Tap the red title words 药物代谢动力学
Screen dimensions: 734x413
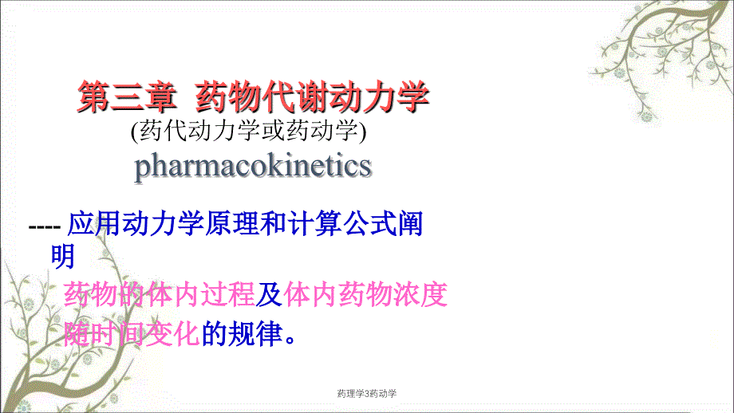click(x=312, y=96)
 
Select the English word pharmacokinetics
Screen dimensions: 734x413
click(x=253, y=167)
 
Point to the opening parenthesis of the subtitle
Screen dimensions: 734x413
click(x=134, y=131)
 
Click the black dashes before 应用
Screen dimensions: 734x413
click(x=45, y=227)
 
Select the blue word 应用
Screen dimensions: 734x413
click(x=94, y=223)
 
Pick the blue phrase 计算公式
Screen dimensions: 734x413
click(x=341, y=223)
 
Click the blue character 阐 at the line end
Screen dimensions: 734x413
click(x=410, y=223)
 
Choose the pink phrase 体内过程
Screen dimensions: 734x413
click(x=200, y=295)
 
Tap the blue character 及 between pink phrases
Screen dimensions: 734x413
click(x=269, y=295)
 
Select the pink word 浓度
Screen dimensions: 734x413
click(x=420, y=295)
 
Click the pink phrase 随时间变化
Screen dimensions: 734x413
click(x=132, y=333)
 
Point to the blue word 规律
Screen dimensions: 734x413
click(x=255, y=333)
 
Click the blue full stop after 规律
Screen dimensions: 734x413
click(x=290, y=340)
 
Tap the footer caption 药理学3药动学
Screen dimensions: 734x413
click(x=367, y=394)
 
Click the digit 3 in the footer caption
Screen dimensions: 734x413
click(x=367, y=394)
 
